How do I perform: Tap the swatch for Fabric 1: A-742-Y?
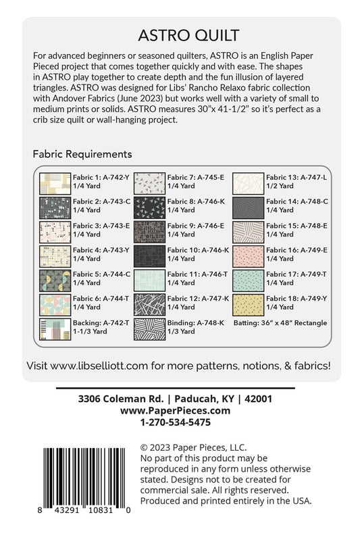pyautogui.click(x=51, y=182)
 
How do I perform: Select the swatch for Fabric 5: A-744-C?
pyautogui.click(x=51, y=279)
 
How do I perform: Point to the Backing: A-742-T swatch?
pyautogui.click(x=51, y=328)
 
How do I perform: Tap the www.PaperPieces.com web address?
pyautogui.click(x=175, y=410)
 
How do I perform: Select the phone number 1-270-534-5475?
pyautogui.click(x=175, y=422)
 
